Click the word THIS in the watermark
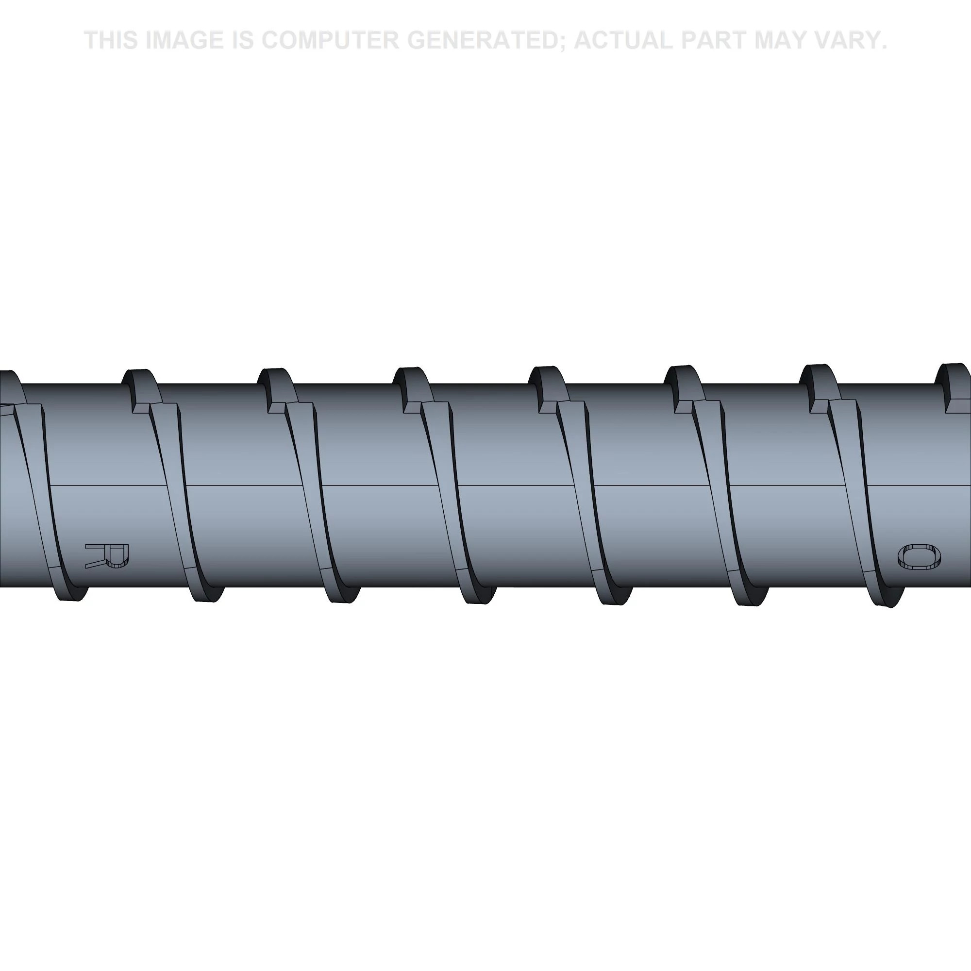coord(111,40)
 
